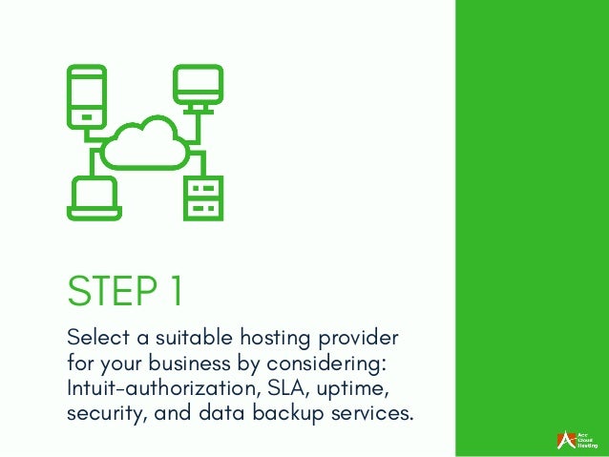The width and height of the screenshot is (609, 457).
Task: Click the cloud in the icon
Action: (144, 146)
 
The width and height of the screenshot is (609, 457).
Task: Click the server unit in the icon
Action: (203, 195)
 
